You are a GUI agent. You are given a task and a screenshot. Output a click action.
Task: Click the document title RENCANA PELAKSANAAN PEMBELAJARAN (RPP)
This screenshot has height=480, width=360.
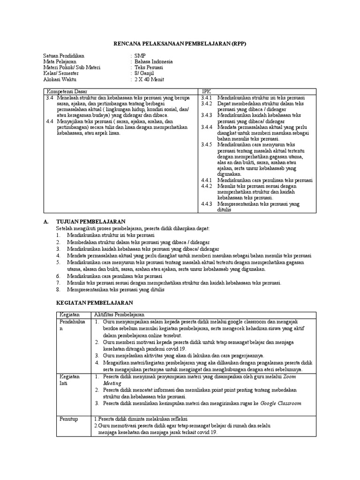[x=180, y=44]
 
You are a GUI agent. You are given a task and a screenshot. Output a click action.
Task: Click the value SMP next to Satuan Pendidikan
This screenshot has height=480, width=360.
[x=139, y=56]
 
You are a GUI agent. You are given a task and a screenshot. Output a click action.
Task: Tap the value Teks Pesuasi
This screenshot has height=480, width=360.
[x=150, y=67]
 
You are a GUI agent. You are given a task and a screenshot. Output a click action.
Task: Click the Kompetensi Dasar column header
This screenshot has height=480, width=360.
[x=67, y=91]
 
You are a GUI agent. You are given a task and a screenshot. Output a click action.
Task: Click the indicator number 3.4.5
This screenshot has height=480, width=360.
[x=207, y=145]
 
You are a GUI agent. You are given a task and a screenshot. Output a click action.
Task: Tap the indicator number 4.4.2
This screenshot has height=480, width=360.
[x=207, y=186]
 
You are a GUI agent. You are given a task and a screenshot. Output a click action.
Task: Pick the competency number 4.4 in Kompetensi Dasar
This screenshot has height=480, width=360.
[x=50, y=121]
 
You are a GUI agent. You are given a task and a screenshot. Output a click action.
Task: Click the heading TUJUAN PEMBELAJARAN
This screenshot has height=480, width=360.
[x=90, y=221]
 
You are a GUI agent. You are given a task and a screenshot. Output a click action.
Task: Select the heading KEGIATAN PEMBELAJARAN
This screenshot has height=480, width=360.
[x=94, y=303]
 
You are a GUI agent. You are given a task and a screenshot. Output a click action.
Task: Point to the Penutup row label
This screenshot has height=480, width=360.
[x=68, y=419]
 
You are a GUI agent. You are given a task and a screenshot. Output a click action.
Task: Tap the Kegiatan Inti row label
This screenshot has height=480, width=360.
[x=69, y=380]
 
